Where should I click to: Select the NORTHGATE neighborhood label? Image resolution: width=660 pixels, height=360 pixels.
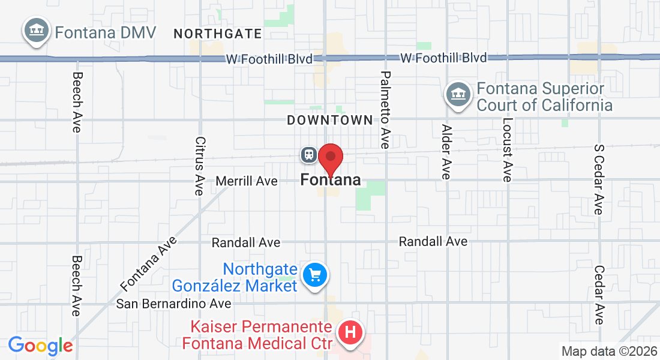[x=218, y=34]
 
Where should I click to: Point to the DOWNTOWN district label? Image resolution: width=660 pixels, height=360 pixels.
[x=330, y=121]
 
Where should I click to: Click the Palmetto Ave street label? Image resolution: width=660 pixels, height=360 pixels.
[x=385, y=110]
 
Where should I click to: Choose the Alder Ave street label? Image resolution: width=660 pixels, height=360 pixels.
[x=446, y=152]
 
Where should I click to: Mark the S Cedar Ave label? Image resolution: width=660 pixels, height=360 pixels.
[x=598, y=179]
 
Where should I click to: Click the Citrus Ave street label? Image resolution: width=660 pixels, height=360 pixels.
[x=200, y=166]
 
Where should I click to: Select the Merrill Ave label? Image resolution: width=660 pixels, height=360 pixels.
[x=247, y=181]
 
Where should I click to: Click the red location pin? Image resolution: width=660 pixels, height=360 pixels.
[x=330, y=160]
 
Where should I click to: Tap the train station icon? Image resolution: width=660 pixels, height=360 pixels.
[x=309, y=154]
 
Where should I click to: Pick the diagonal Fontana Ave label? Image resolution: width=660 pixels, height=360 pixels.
[x=149, y=262]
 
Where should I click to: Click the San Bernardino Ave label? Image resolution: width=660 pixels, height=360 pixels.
[x=174, y=304]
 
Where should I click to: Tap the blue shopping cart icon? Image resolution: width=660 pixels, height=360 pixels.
[x=315, y=275]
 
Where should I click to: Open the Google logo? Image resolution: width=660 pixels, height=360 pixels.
[x=41, y=346]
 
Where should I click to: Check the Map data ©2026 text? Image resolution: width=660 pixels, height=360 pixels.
[x=608, y=351]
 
